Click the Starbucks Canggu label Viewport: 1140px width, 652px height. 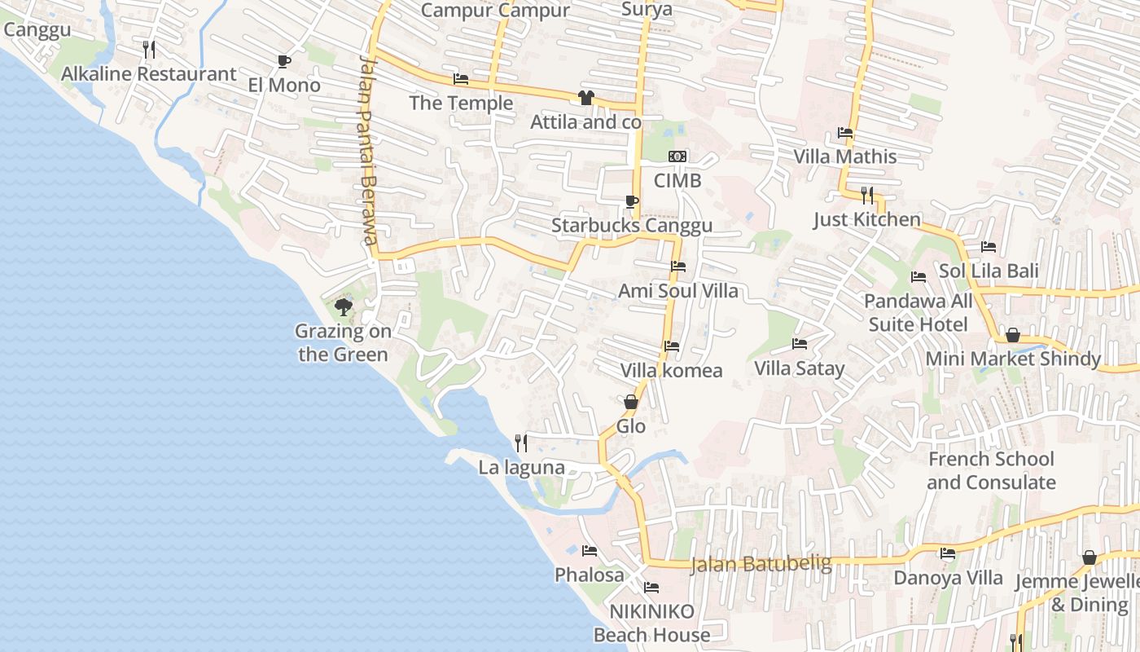coord(632,226)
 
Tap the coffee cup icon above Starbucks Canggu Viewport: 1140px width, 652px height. coord(631,201)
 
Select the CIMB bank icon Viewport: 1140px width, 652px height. coord(677,156)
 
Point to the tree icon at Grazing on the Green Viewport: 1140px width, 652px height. coord(344,307)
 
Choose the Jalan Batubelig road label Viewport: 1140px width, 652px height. coord(761,564)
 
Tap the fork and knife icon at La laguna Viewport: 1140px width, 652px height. coord(521,443)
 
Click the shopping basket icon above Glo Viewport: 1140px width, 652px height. coord(631,402)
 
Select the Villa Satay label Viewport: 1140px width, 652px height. coord(799,368)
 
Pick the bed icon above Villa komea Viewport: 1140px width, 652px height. coord(672,346)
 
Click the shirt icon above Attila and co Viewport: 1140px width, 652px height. coord(585,98)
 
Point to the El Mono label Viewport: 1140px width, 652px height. coord(284,85)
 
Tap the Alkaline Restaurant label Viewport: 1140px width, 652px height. coord(149,74)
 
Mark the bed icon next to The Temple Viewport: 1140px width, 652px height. coord(461,79)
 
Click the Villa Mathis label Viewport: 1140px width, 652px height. coord(845,156)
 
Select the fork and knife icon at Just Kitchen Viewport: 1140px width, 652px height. coord(867,195)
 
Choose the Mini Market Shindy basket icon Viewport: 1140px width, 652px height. coord(1013,335)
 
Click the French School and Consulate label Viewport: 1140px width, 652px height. coord(991,470)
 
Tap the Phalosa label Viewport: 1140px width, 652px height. coord(590,575)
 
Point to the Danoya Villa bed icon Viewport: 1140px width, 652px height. coord(948,553)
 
